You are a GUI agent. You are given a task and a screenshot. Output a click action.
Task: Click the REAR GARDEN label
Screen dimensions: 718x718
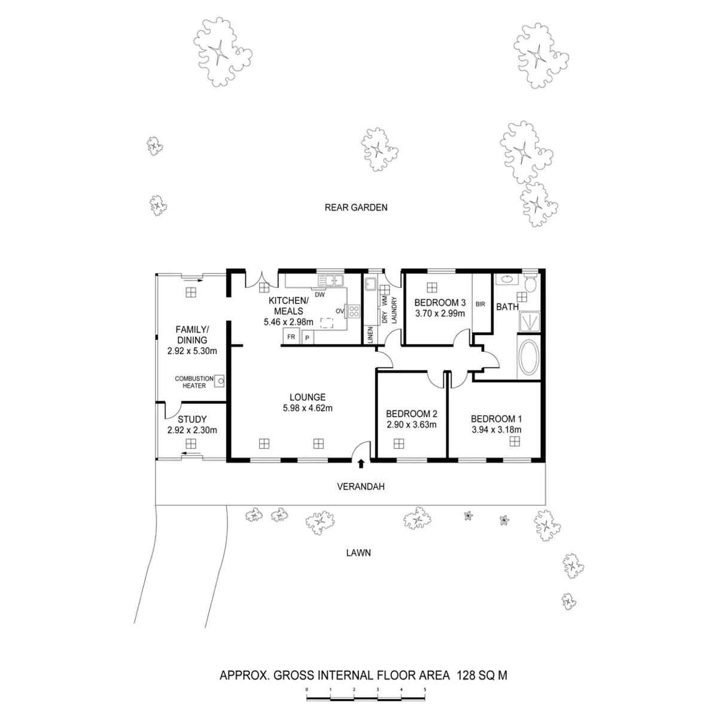click(356, 208)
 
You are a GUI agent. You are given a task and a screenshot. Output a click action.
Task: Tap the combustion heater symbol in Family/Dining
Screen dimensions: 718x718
click(220, 380)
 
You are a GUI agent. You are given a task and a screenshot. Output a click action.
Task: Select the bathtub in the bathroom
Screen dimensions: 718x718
click(528, 358)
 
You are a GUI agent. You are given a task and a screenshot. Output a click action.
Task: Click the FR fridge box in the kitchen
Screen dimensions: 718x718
click(291, 337)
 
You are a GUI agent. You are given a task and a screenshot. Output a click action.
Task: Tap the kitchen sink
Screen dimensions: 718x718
click(330, 279)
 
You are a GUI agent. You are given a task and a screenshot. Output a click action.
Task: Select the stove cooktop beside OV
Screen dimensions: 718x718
click(354, 311)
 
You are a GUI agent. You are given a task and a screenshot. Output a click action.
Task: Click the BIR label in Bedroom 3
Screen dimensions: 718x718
click(480, 304)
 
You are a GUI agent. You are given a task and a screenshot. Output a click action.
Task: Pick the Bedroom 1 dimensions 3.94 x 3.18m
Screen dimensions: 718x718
click(496, 430)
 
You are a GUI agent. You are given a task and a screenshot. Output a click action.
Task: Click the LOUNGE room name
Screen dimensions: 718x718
click(308, 397)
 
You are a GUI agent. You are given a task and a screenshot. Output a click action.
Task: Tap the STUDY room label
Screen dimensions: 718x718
click(192, 419)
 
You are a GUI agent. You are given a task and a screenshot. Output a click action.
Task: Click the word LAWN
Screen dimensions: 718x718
click(358, 553)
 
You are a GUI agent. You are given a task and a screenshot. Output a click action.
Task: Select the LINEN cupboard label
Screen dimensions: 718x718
click(370, 334)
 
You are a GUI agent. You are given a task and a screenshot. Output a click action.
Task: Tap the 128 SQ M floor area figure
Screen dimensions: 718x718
click(482, 676)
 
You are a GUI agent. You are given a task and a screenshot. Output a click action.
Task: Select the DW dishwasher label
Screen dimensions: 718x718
click(320, 294)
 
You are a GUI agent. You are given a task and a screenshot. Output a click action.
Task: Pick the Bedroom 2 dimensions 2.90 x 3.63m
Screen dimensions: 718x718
click(411, 425)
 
